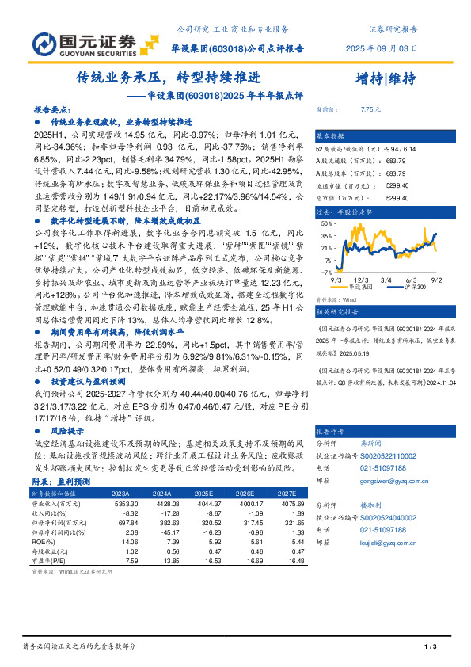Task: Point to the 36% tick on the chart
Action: click(325, 235)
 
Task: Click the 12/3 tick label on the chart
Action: click(362, 280)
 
